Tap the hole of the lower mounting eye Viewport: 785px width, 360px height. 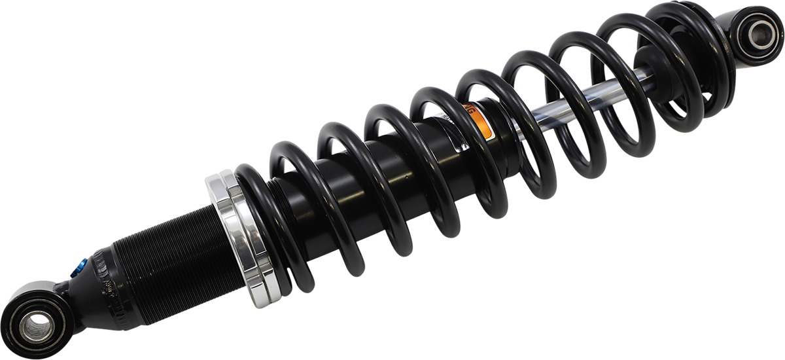37,325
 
